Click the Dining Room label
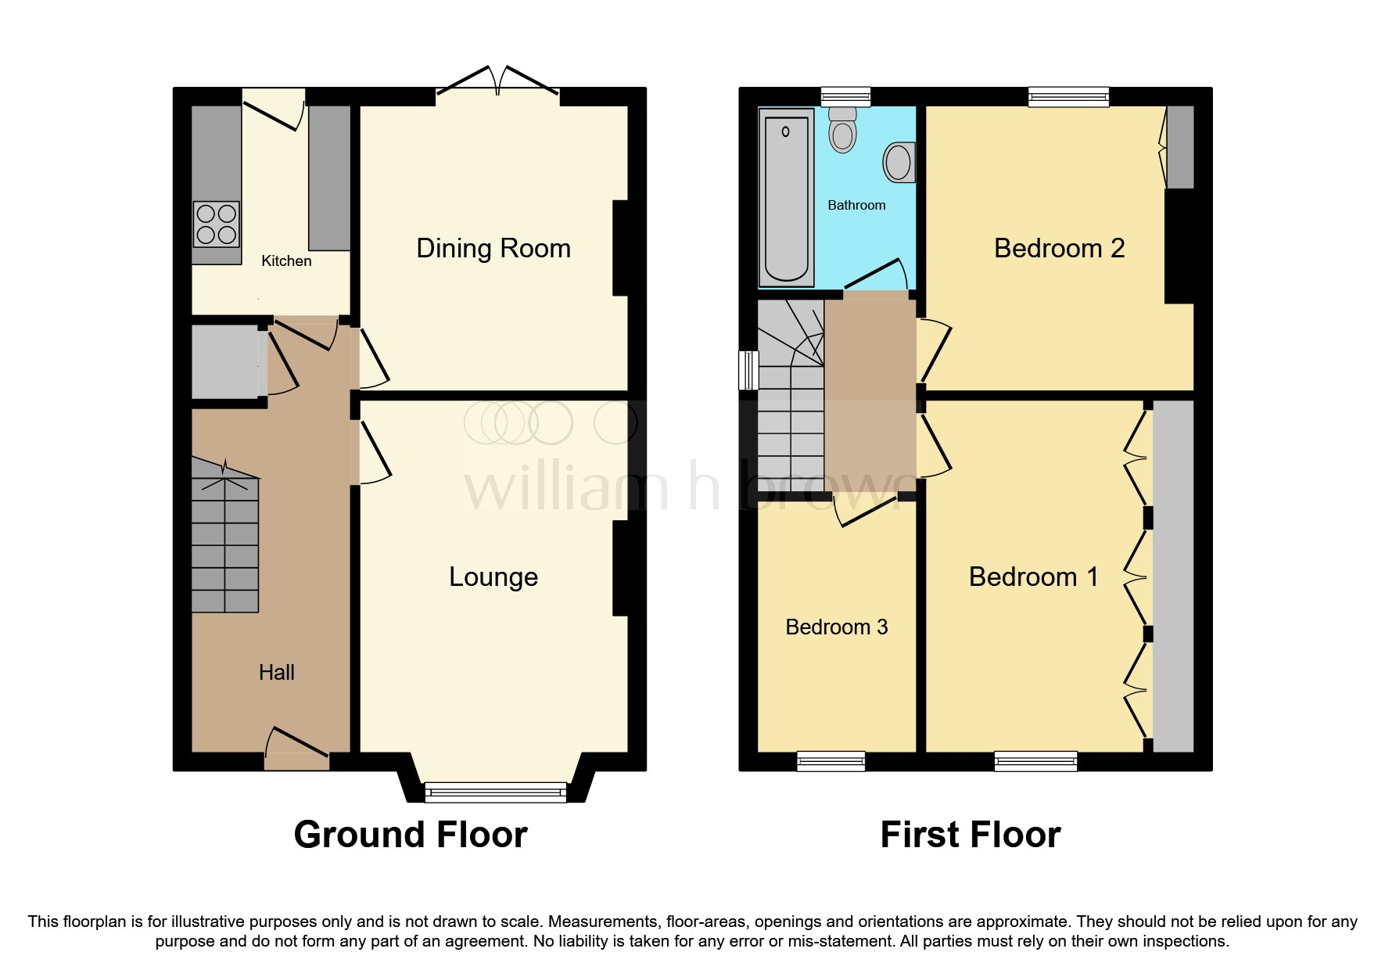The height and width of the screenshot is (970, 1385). pyautogui.click(x=493, y=248)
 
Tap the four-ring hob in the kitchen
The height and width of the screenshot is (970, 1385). pyautogui.click(x=217, y=224)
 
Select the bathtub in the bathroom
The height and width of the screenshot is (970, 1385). pyautogui.click(x=786, y=198)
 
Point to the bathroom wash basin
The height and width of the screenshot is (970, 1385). pyautogui.click(x=899, y=163)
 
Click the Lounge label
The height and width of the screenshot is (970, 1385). pyautogui.click(x=493, y=577)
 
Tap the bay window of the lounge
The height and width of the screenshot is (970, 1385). pyautogui.click(x=496, y=792)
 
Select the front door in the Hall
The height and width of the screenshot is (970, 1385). pyautogui.click(x=297, y=751)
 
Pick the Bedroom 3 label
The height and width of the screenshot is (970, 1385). pyautogui.click(x=836, y=627)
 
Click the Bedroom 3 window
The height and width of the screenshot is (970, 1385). pyautogui.click(x=831, y=761)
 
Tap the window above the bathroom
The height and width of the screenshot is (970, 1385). pyautogui.click(x=845, y=97)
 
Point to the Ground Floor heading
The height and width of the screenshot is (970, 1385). pyautogui.click(x=411, y=835)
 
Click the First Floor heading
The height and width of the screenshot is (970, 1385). pyautogui.click(x=970, y=835)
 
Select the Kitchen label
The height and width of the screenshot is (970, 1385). pyautogui.click(x=286, y=261)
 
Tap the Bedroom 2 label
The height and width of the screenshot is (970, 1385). pyautogui.click(x=1058, y=248)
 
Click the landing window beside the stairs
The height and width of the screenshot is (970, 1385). pyautogui.click(x=748, y=370)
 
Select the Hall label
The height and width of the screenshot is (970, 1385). pyautogui.click(x=276, y=673)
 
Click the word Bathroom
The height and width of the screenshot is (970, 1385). pyautogui.click(x=856, y=205)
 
